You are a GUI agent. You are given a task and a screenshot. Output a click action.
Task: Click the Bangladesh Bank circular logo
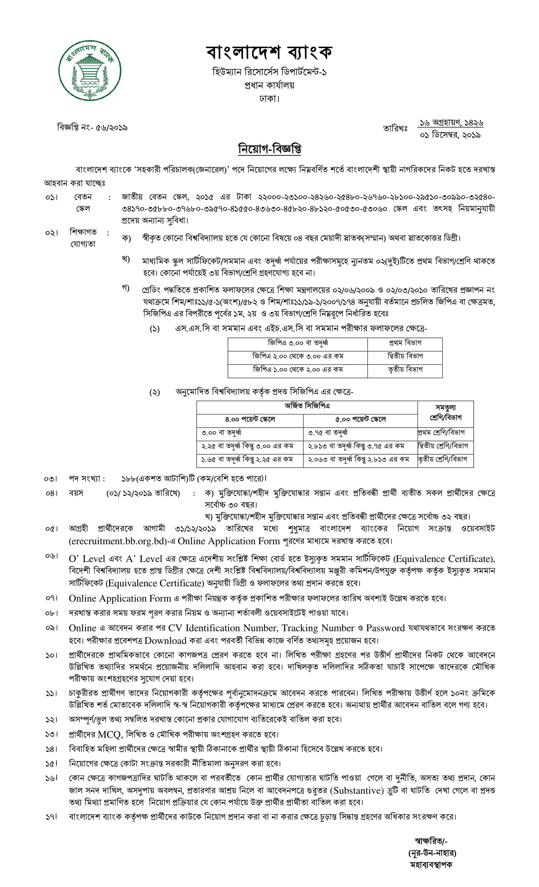click(90, 70)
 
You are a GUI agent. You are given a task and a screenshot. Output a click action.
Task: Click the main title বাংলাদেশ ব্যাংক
click(269, 52)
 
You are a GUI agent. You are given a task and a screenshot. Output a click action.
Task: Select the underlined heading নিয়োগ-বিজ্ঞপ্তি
click(269, 149)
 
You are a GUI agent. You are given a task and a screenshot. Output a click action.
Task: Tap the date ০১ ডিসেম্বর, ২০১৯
click(450, 135)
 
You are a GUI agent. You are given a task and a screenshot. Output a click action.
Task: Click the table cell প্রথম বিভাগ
click(405, 343)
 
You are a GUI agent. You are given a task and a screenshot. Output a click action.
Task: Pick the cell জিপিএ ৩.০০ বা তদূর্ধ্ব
click(298, 343)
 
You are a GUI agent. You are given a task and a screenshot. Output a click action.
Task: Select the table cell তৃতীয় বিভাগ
click(405, 370)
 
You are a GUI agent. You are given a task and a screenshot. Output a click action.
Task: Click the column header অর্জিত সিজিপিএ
click(307, 406)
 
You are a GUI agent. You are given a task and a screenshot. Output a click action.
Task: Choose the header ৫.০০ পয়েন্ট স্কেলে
click(360, 419)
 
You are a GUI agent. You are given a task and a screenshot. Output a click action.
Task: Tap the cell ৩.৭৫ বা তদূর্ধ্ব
click(328, 433)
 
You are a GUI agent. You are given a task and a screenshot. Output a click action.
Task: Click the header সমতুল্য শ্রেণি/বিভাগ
click(445, 413)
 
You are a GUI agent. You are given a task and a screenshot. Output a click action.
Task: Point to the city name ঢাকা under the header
click(269, 98)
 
